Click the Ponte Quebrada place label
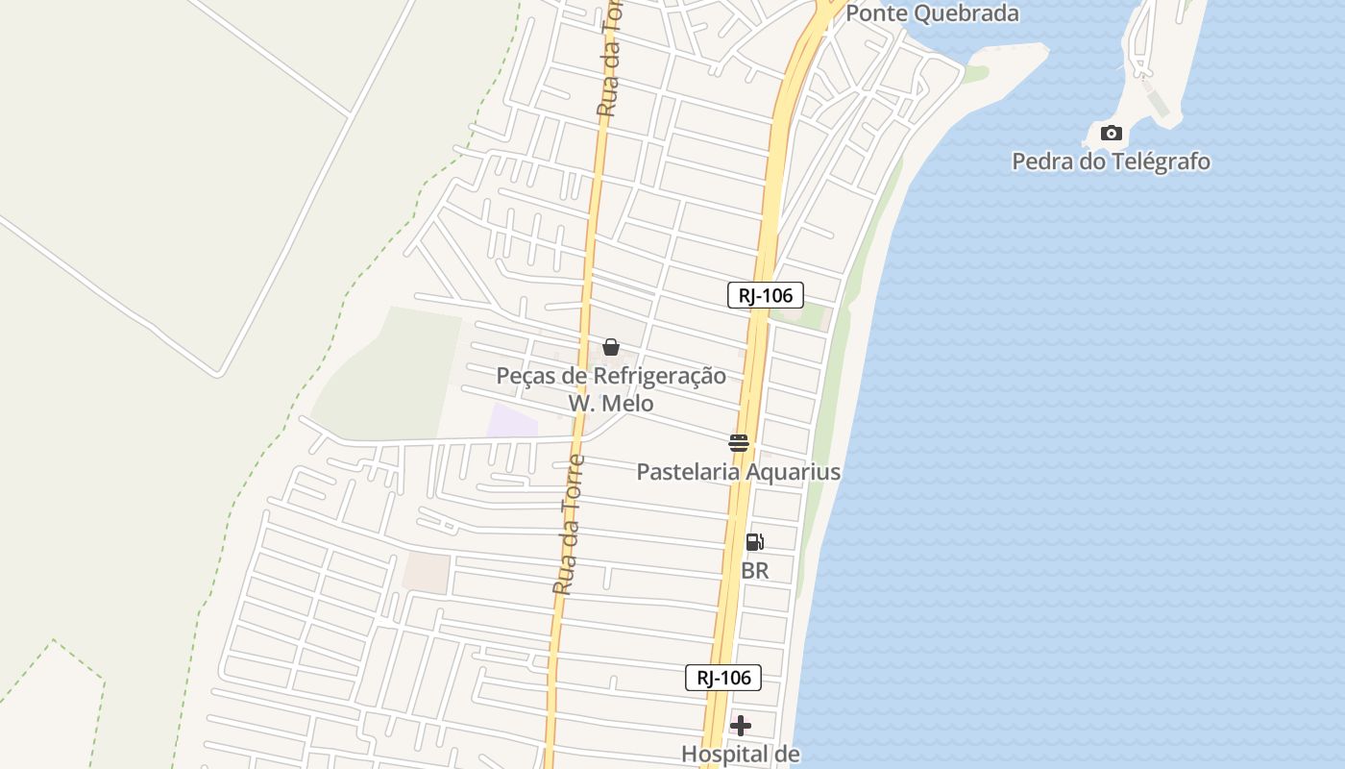pos(932,14)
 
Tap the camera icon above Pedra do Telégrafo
pos(1111,133)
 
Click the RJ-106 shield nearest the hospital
pos(723,678)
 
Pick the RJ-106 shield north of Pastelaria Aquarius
pos(765,295)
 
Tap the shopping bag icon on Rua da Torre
pos(610,347)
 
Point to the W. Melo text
pos(610,403)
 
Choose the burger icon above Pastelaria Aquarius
pos(738,443)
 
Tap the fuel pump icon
pos(755,542)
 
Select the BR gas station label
pos(755,571)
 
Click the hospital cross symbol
pos(741,725)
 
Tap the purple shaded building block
pos(511,421)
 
